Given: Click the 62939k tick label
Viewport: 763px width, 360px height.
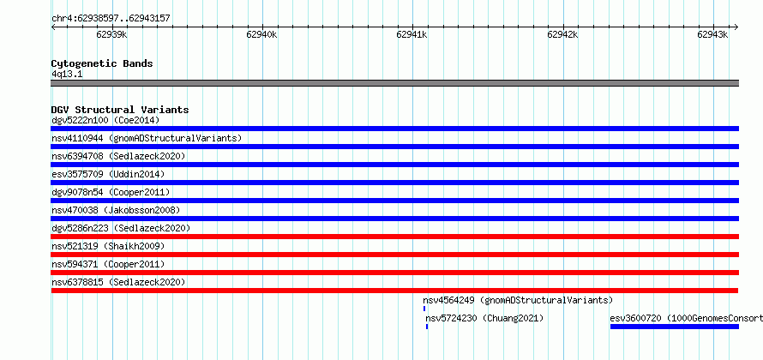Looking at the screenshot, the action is [112, 34].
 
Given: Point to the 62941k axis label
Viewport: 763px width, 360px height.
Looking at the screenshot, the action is [412, 34].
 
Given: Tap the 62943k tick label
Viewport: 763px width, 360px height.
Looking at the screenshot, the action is [712, 34].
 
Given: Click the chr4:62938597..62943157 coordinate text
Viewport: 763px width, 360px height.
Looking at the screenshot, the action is [111, 19].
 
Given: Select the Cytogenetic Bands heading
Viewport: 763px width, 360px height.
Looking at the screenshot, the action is [102, 63].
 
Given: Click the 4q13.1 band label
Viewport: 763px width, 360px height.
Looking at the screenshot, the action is [67, 74].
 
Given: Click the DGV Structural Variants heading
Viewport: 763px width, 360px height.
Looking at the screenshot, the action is [120, 110].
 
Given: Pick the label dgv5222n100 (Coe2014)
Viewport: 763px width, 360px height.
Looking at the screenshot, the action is [105, 120].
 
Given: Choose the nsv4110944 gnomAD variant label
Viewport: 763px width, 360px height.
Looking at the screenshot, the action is [147, 138].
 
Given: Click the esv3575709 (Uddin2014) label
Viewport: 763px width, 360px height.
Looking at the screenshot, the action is [108, 174].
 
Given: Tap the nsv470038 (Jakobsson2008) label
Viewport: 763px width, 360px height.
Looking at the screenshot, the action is [116, 210].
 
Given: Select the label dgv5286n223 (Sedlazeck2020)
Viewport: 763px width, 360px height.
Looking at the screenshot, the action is [121, 228].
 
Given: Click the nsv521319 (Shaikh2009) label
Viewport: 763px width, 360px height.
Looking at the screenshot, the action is [108, 246].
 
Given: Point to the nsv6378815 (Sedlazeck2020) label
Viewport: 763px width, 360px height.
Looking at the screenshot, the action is [118, 282].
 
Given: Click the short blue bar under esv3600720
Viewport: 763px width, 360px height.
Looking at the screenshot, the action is [675, 327].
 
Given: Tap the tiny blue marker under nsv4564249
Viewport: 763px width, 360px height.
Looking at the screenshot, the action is [424, 309].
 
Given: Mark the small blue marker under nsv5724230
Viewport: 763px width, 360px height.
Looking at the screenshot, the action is [427, 327].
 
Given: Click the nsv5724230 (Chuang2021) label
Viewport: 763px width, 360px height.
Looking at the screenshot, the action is [484, 318].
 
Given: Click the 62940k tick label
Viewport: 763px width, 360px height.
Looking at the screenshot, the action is [261, 34].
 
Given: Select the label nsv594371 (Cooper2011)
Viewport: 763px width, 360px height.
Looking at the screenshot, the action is [108, 264].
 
